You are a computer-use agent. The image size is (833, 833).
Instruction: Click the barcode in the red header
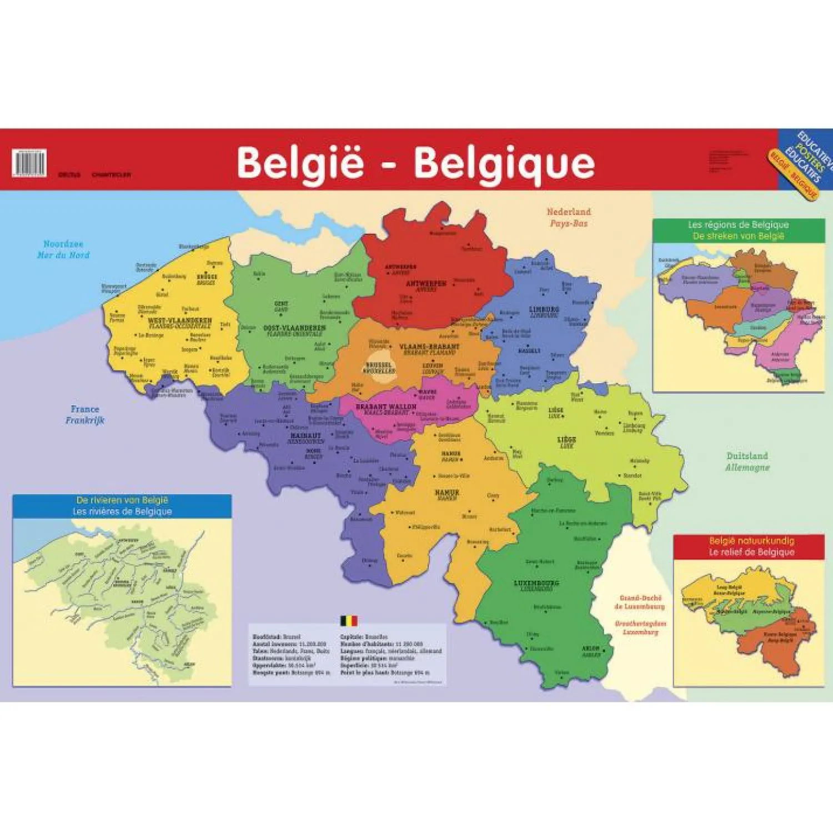coord(29,163)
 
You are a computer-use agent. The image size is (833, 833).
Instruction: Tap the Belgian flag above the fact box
coord(349,620)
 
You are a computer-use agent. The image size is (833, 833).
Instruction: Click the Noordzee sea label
coord(63,244)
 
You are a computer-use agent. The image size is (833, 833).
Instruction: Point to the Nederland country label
coord(569,212)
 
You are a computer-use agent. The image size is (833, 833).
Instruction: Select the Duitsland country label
coord(747,456)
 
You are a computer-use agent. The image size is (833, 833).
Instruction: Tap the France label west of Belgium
coord(85,409)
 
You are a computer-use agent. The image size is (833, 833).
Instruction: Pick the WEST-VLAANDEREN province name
coord(179,321)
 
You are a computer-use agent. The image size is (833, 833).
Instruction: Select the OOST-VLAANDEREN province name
coord(294,328)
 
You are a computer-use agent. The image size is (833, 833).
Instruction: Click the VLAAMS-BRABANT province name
coord(429,347)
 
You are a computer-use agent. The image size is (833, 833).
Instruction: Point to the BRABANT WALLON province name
coord(386,407)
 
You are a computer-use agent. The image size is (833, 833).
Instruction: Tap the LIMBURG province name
coord(544,309)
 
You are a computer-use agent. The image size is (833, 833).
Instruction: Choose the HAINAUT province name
coord(305,436)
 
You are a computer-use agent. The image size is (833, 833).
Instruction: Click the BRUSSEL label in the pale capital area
coord(379,365)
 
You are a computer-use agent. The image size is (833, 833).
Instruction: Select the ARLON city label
coord(591,648)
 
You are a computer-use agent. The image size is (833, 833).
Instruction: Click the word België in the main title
coord(300,162)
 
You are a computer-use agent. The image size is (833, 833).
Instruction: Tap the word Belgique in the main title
coord(504,162)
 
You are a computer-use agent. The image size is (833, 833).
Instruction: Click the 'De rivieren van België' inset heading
coord(122,500)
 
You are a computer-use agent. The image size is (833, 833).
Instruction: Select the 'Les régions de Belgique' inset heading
coord(738,225)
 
